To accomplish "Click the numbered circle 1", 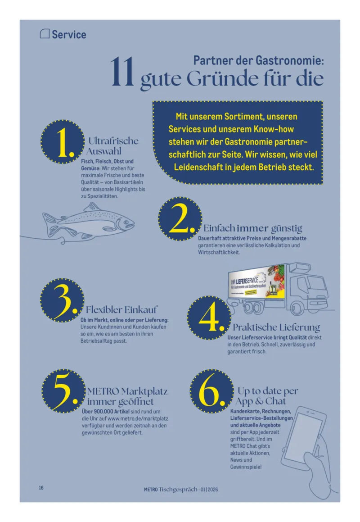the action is [x=63, y=142].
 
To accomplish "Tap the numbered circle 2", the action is [x=180, y=219].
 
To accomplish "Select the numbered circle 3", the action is [x=62, y=300].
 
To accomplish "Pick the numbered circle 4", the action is [x=209, y=318].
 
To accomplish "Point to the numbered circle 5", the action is [x=63, y=391].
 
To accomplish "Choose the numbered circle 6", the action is [x=211, y=391].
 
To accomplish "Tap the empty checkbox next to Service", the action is [x=45, y=34].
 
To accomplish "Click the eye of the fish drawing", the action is [x=126, y=222].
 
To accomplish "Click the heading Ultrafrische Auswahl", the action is [x=112, y=146].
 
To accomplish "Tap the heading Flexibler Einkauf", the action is [x=121, y=309].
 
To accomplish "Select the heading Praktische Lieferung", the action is [x=276, y=327].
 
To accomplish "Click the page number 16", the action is [x=41, y=488].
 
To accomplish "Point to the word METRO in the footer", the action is [x=151, y=490].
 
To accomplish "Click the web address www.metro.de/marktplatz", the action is [x=138, y=418].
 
